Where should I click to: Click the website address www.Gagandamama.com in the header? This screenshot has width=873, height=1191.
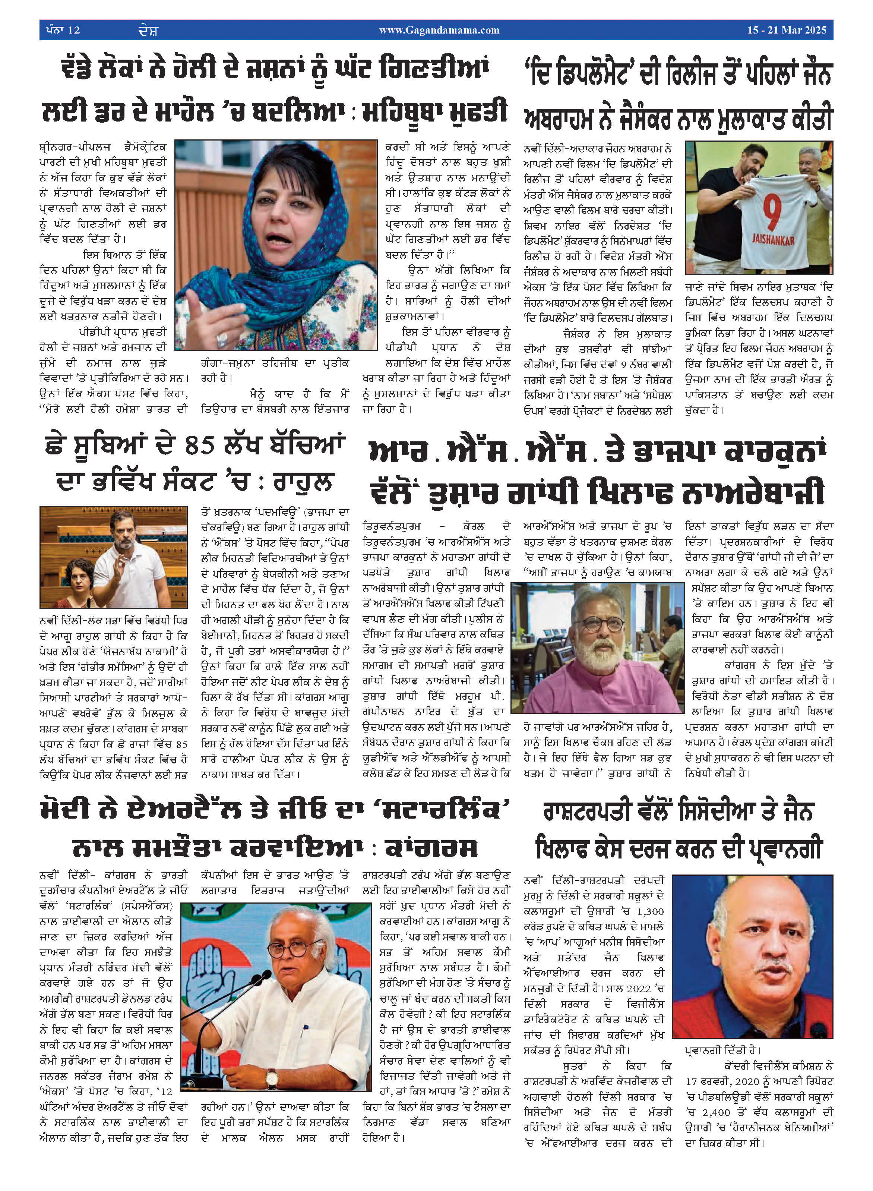(439, 30)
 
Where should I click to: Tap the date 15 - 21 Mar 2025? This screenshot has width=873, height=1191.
(787, 30)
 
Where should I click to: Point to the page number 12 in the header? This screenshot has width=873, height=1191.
(74, 30)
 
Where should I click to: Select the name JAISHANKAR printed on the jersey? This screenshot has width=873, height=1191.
(773, 240)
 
